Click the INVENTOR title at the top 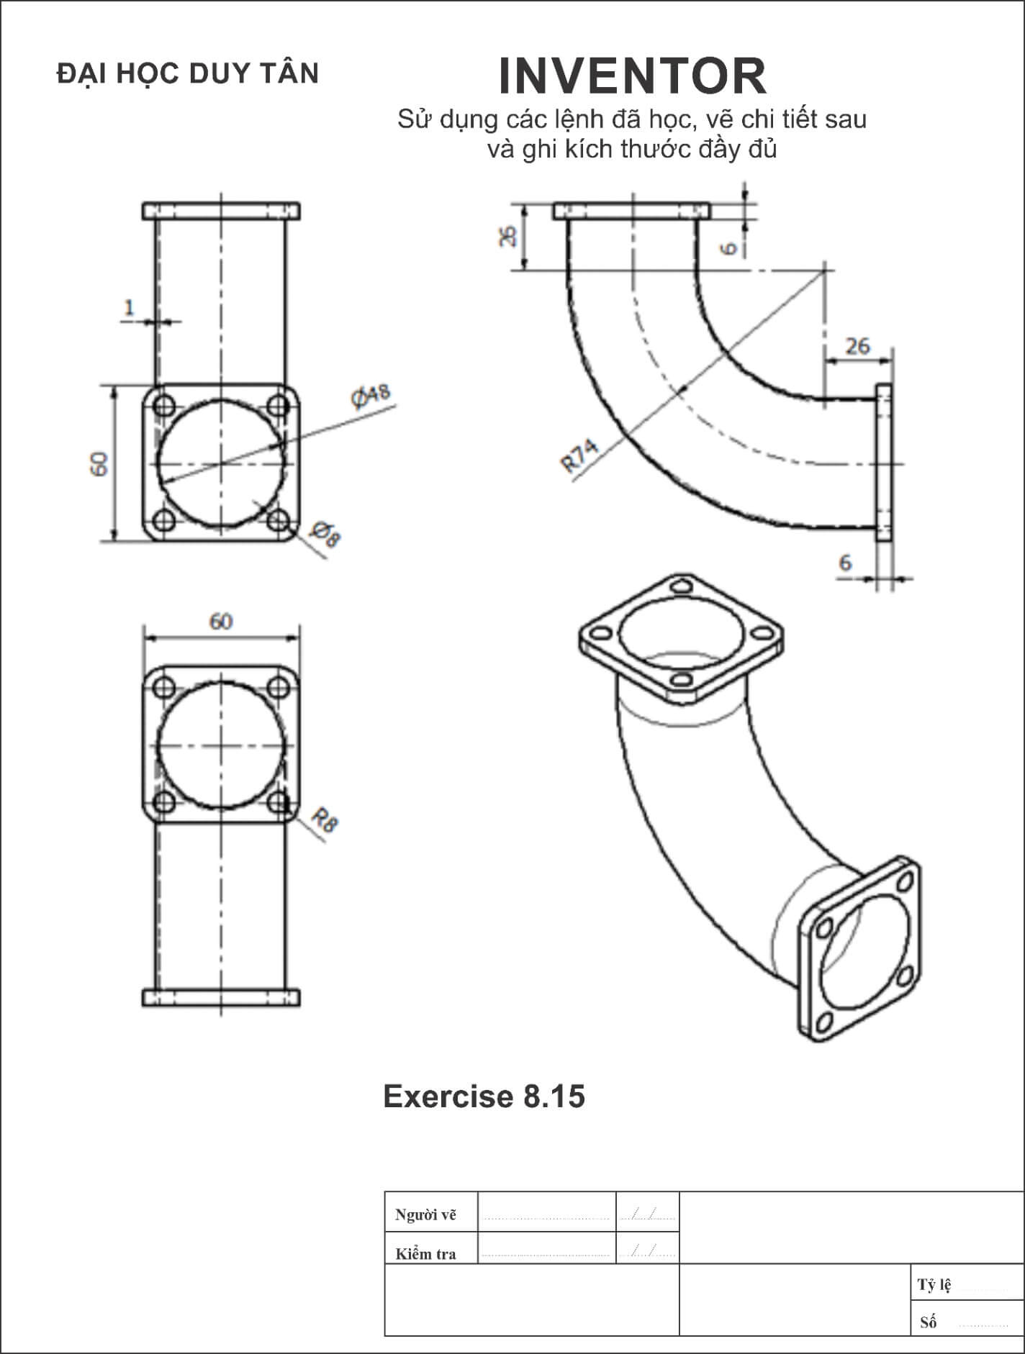click(632, 76)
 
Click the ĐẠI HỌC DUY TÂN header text click(188, 74)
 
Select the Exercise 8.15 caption click(484, 1096)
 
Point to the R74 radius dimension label click(579, 456)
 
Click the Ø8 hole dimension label click(325, 535)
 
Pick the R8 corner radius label click(325, 819)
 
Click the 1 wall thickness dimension click(130, 308)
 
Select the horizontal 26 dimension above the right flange click(857, 346)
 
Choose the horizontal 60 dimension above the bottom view click(221, 621)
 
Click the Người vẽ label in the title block click(425, 1215)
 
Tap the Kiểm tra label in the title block click(425, 1254)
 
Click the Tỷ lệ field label click(934, 1285)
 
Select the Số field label click(929, 1322)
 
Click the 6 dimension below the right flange click(845, 562)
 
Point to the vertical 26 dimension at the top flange click(508, 236)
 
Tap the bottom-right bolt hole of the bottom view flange click(278, 801)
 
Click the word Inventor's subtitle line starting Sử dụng click(632, 119)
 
